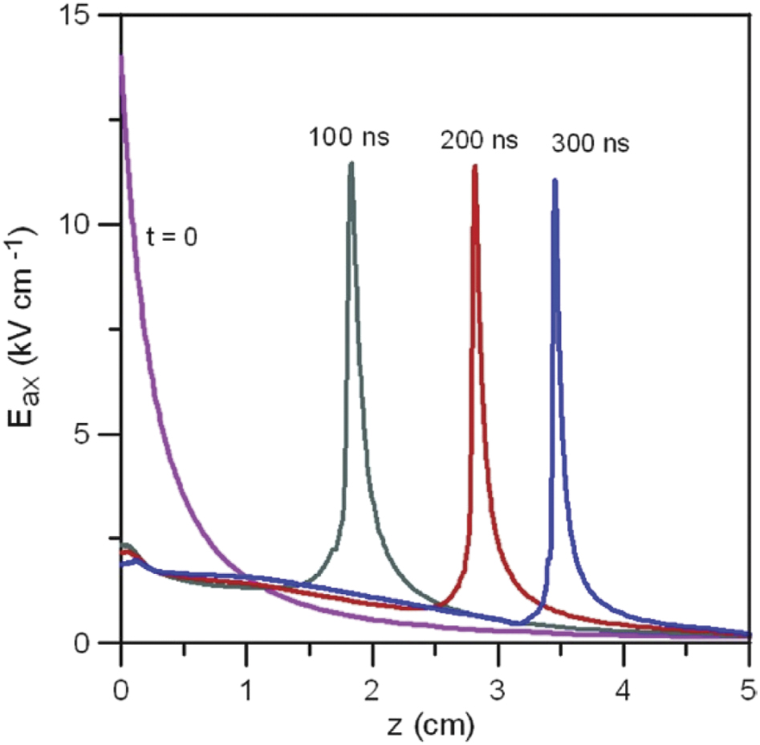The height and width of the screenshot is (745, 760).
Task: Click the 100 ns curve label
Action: (x=349, y=136)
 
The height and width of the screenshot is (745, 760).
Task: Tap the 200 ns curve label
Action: (x=478, y=140)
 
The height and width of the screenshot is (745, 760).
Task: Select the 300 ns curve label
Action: (x=590, y=145)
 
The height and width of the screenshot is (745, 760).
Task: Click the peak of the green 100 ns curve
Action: (x=351, y=164)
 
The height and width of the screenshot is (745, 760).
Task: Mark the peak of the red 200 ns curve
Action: (x=474, y=167)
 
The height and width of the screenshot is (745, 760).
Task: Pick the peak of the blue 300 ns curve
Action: (x=554, y=181)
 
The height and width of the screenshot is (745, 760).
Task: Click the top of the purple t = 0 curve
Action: (x=121, y=56)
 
